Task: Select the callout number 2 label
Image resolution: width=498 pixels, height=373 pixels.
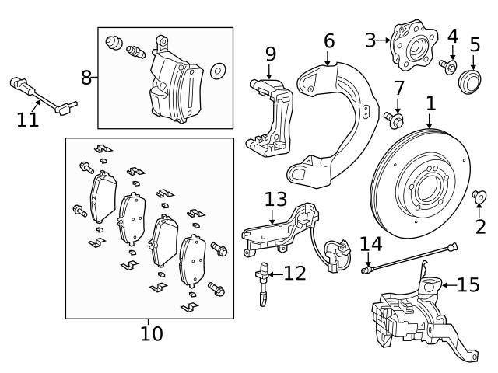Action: point(479,227)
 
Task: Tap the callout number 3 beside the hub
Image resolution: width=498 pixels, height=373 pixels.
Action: point(370,39)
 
